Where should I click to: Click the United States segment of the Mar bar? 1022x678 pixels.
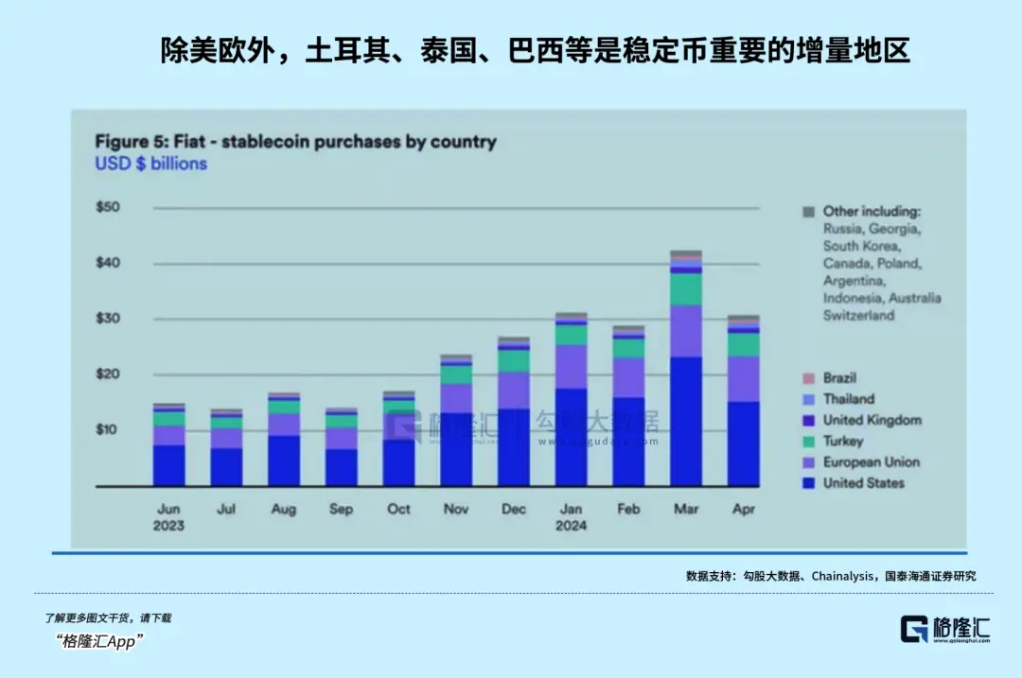pyautogui.click(x=686, y=421)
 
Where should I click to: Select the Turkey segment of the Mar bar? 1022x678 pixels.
pyautogui.click(x=686, y=288)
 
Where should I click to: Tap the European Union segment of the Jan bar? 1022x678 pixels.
pyautogui.click(x=571, y=366)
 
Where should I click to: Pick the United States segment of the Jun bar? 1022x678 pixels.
pyautogui.click(x=168, y=465)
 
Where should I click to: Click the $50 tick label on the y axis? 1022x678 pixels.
pyautogui.click(x=108, y=207)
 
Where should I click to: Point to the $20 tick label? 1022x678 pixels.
pyautogui.click(x=108, y=374)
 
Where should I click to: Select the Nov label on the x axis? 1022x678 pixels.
pyautogui.click(x=456, y=509)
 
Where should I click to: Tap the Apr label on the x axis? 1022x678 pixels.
pyautogui.click(x=744, y=509)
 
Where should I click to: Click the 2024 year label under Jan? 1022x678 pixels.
pyautogui.click(x=571, y=526)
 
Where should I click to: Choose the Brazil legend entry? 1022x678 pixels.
pyautogui.click(x=839, y=378)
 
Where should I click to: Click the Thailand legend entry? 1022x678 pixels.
pyautogui.click(x=848, y=399)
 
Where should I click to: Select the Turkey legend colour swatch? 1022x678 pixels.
pyautogui.click(x=808, y=442)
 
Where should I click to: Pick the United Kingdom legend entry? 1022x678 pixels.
pyautogui.click(x=872, y=420)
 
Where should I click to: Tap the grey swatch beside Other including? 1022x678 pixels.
pyautogui.click(x=808, y=212)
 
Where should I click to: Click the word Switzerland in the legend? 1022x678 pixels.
pyautogui.click(x=858, y=316)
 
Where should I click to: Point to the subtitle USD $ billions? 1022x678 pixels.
pyautogui.click(x=150, y=164)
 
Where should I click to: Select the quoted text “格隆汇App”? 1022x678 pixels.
pyautogui.click(x=99, y=642)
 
